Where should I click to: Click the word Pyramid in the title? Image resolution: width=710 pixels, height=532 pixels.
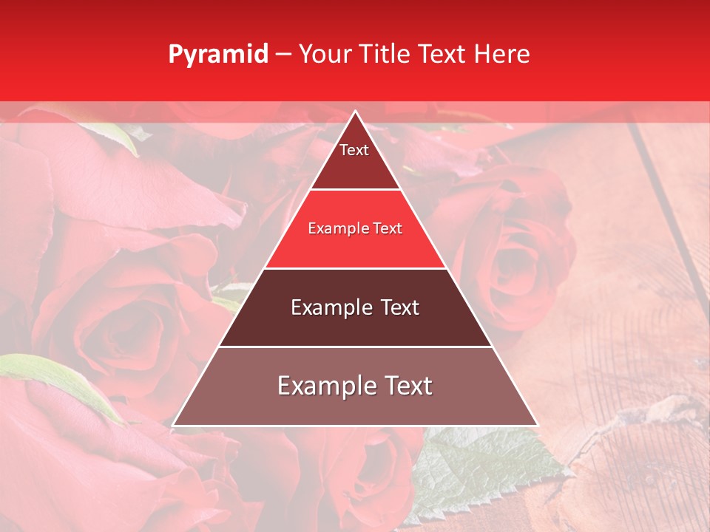pos(217,55)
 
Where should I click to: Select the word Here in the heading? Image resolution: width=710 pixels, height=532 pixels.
pos(502,54)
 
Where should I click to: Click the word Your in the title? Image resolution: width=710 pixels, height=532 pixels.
pos(325,54)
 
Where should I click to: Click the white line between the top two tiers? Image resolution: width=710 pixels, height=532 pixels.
pos(355,189)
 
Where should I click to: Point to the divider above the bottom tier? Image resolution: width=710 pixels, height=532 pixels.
pos(355,347)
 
